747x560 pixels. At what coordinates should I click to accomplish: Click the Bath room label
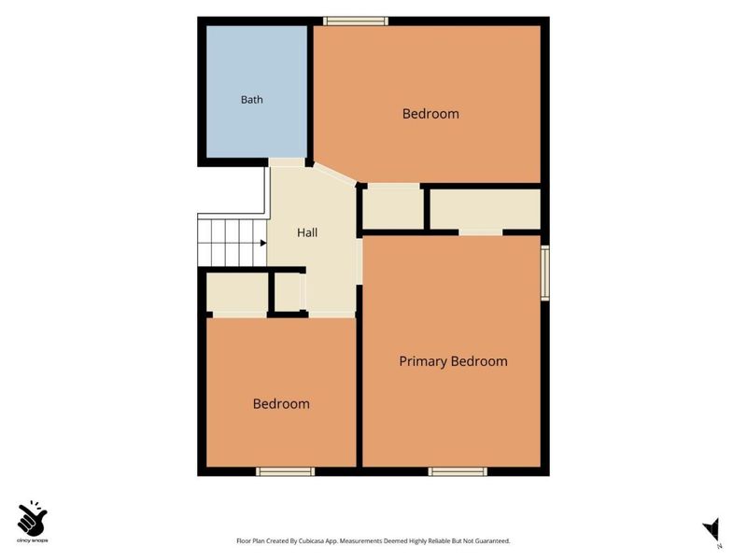click(251, 100)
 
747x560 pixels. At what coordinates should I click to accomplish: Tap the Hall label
click(307, 232)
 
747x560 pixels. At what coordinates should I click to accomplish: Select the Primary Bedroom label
click(453, 361)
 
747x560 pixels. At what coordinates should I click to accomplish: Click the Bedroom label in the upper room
click(430, 114)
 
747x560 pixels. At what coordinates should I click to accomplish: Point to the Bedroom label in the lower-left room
click(281, 404)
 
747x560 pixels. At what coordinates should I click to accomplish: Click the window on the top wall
click(356, 21)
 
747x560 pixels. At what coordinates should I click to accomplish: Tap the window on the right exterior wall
click(545, 273)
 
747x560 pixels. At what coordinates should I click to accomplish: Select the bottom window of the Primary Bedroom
click(458, 471)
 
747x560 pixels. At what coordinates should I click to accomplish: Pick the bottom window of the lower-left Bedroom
click(285, 471)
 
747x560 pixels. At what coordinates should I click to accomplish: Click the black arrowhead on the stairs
click(263, 244)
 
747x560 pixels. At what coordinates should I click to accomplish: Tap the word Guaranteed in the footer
click(495, 541)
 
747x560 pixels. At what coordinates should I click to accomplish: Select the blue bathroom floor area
click(256, 91)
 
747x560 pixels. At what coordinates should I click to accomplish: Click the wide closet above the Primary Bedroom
click(485, 209)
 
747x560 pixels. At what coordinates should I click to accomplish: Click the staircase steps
click(232, 243)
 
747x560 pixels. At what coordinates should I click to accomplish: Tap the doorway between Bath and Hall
click(287, 162)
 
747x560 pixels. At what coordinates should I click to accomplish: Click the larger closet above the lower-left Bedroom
click(237, 293)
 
